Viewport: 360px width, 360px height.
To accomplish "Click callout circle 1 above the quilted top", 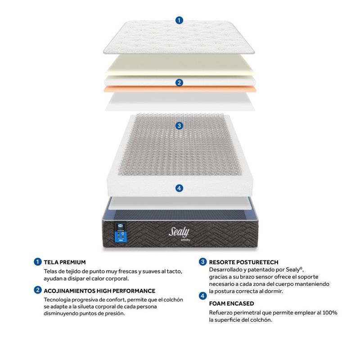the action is pos(179,20).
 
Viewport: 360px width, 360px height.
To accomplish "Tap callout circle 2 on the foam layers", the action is pos(179,83).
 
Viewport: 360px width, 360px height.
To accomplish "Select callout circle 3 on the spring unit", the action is pos(179,126).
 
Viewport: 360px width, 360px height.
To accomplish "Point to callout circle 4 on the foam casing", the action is pos(179,188).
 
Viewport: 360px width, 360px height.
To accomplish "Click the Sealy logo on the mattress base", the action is pos(179,232).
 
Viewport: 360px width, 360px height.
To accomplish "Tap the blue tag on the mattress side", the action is pos(121,237).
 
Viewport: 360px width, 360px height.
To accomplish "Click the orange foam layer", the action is pos(180,89).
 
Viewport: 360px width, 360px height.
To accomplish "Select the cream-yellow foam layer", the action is pos(180,65).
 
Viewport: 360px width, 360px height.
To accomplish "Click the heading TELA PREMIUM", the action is pos(65,262).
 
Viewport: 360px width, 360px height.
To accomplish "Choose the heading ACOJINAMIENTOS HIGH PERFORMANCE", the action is pos(99,291).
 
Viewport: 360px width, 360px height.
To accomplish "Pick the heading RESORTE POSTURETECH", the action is pos(243,262).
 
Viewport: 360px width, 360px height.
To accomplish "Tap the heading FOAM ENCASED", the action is pos(231,303).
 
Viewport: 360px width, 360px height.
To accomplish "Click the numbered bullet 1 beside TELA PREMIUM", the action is pos(38,262).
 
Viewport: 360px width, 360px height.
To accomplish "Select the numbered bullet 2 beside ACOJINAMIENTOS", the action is pos(38,290).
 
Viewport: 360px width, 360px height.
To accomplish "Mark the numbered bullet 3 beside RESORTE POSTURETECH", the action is pos(203,262).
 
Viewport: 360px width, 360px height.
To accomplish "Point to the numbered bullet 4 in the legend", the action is pos(203,296).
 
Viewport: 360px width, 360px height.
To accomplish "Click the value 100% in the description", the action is pos(330,313).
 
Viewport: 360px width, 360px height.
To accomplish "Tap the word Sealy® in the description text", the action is pos(295,270).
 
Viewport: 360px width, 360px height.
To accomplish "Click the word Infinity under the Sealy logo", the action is pos(185,240).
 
